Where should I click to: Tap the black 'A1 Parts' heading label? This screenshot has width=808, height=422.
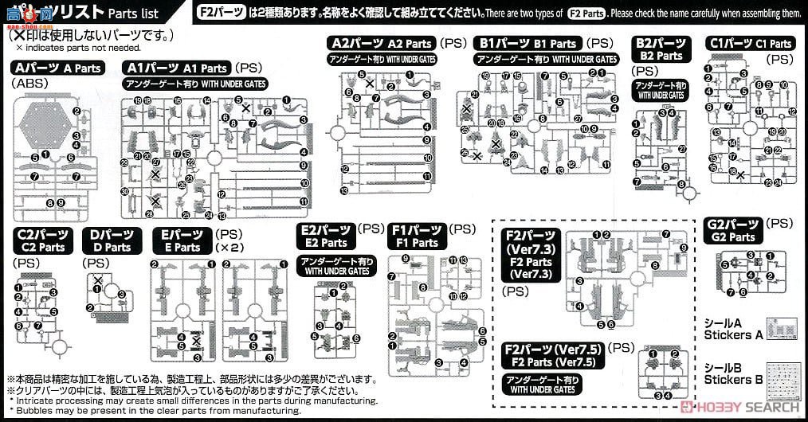point(177,68)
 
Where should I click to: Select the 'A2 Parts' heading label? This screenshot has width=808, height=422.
point(381,44)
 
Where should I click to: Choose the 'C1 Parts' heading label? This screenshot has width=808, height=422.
point(750,44)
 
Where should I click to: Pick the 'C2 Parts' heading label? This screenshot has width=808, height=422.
point(41,240)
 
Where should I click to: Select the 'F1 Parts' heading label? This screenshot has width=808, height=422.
point(414,236)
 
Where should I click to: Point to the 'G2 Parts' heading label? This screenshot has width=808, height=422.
point(732,230)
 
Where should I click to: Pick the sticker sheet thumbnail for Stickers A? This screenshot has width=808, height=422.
point(786,328)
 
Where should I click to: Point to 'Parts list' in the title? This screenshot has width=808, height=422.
point(131,14)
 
